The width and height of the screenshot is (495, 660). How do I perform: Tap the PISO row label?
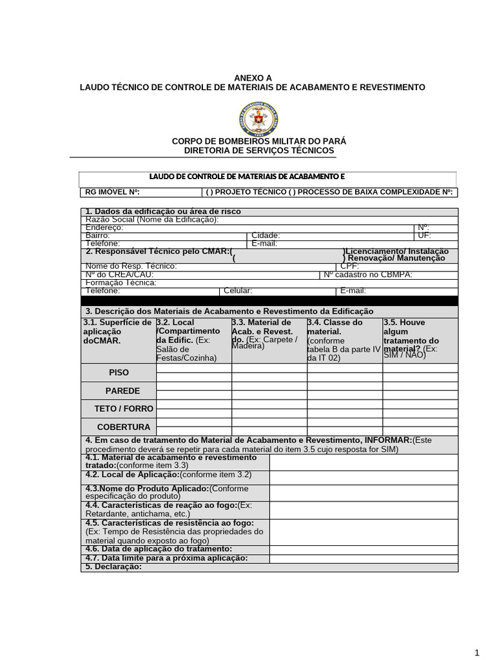pos(119,373)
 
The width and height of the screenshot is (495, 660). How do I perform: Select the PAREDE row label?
pos(122,391)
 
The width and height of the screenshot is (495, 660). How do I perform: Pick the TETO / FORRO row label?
pos(124,409)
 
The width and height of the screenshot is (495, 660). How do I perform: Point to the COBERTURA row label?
pos(123,427)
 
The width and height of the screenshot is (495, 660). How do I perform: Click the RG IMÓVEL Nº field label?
pos(112,192)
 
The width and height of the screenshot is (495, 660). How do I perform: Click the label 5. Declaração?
pos(113,567)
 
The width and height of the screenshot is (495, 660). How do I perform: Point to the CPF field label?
pos(349,266)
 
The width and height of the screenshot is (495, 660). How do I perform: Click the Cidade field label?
pos(266,236)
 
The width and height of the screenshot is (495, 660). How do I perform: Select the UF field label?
pos(424,236)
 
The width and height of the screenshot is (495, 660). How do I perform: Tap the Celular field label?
pos(237,291)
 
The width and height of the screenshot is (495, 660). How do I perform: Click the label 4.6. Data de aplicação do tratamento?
pos(150,548)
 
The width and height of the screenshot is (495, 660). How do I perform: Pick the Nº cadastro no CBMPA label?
pos(367,274)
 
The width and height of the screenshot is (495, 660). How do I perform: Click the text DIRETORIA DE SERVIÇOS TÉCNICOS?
pos(259,150)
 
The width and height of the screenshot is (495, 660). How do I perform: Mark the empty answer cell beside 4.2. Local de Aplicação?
pos(364,477)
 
